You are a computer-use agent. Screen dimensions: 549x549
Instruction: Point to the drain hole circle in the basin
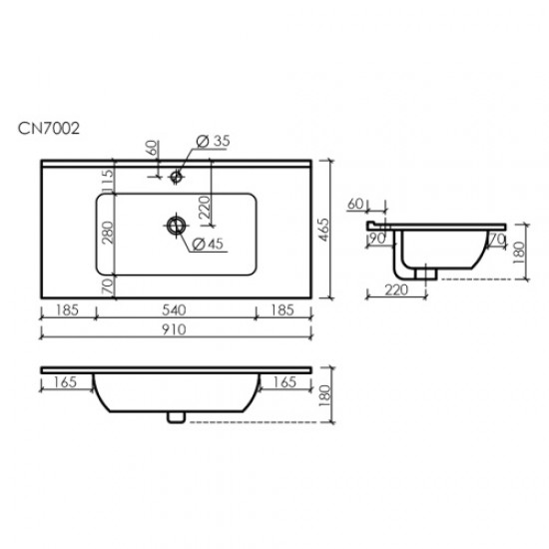176,227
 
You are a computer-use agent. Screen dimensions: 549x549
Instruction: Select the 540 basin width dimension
178,311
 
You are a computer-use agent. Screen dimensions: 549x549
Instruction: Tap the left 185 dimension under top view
68,311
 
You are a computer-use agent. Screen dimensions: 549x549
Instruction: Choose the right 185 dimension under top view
285,311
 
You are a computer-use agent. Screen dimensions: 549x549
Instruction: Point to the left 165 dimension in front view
64,381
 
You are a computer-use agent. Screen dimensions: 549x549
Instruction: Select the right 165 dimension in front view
286,381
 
